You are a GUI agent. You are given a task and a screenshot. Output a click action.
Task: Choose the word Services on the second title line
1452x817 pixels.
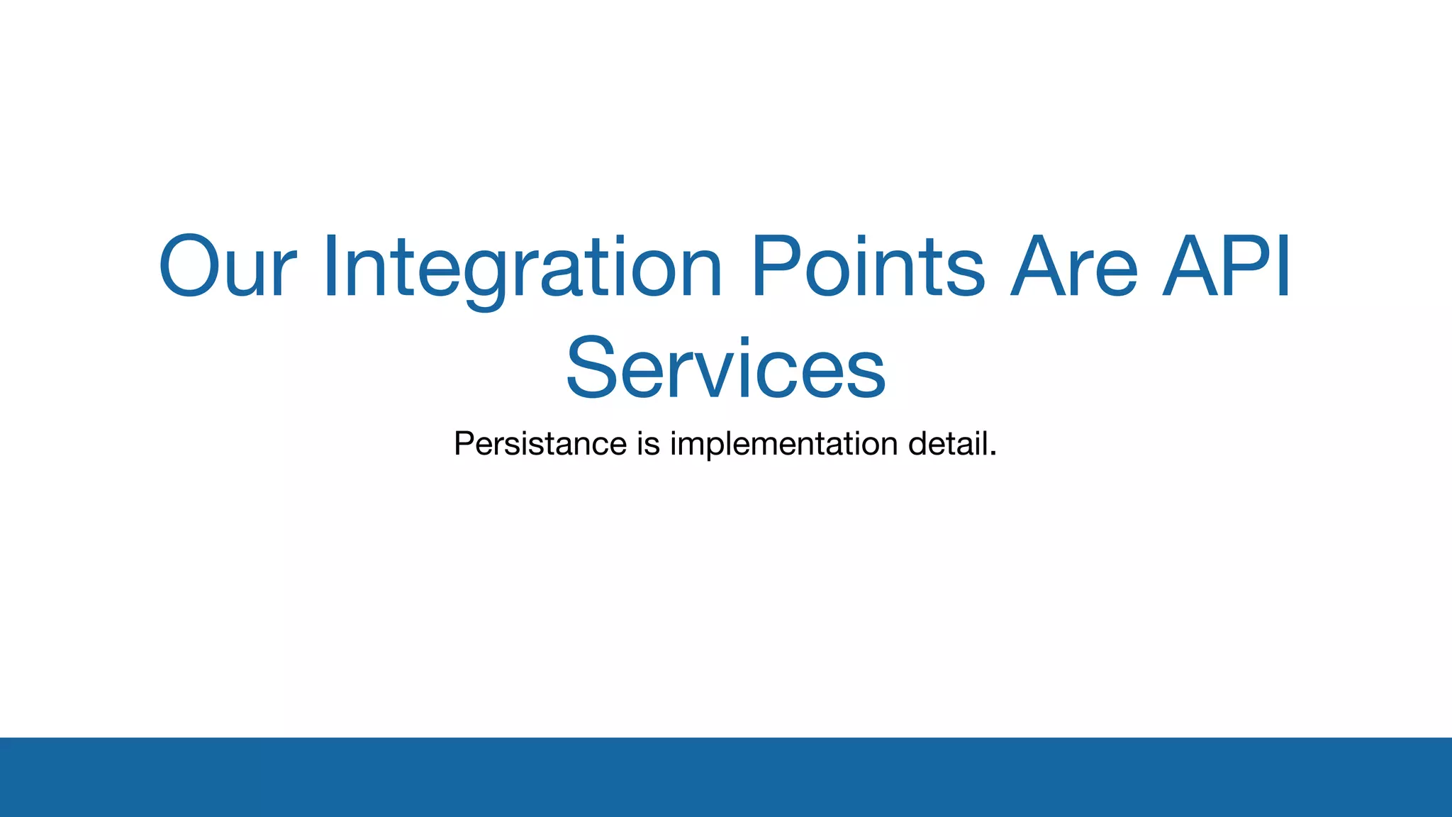click(x=726, y=369)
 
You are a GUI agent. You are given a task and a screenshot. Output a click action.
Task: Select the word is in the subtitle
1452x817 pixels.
click(x=648, y=444)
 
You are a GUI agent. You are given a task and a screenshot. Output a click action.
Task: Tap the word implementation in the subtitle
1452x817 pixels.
click(x=784, y=444)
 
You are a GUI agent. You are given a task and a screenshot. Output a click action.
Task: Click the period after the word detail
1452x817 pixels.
click(x=993, y=453)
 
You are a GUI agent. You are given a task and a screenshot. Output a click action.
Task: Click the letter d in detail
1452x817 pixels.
click(x=918, y=444)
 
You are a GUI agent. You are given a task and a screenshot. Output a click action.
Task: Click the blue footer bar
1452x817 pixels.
click(x=726, y=777)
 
